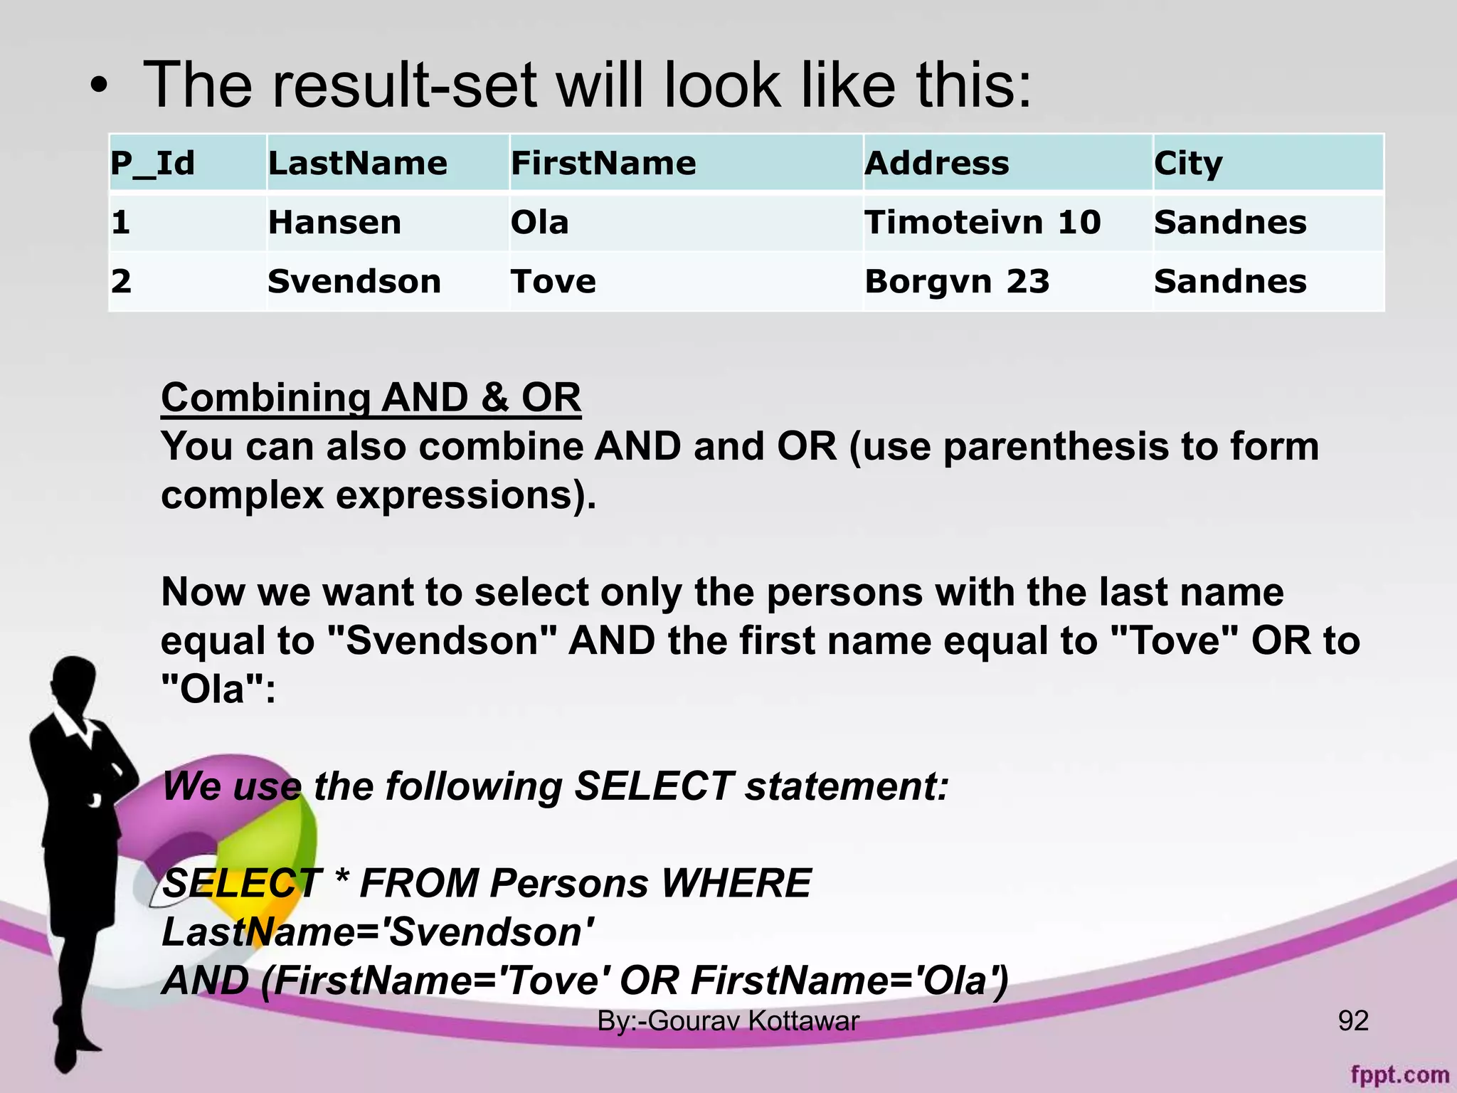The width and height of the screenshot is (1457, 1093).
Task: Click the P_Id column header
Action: tap(152, 164)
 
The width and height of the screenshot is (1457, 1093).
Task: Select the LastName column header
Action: tap(357, 164)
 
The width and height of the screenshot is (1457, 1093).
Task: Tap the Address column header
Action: tap(936, 164)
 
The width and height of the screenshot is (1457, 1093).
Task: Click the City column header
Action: tap(1188, 164)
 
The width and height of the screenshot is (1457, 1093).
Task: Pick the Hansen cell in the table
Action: tap(334, 223)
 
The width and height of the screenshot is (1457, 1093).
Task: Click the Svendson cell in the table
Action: tap(354, 282)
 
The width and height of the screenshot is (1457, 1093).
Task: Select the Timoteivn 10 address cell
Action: tap(982, 223)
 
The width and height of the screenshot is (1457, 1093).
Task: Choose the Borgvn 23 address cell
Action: tap(957, 282)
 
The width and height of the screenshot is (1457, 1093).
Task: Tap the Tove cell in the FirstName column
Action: tap(553, 282)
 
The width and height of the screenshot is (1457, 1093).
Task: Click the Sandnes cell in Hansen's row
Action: tap(1230, 223)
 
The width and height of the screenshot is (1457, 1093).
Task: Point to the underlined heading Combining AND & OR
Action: tap(371, 397)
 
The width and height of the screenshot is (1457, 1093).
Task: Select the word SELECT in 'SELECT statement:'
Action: tap(654, 786)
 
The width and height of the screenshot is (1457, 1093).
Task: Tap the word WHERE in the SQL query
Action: tap(736, 884)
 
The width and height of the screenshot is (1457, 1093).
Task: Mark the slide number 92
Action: tap(1353, 1020)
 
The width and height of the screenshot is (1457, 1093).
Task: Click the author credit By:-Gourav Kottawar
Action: tap(728, 1020)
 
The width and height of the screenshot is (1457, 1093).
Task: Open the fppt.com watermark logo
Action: tap(1399, 1074)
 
